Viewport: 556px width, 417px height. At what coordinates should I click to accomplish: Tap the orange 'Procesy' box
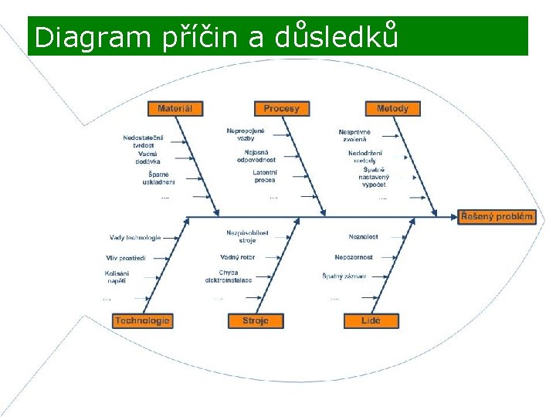coord(281,109)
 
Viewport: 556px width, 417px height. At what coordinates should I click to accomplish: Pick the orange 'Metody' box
coord(393,109)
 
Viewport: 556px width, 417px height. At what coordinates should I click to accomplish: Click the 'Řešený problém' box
coord(497,217)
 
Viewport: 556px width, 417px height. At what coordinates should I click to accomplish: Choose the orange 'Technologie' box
coord(142,320)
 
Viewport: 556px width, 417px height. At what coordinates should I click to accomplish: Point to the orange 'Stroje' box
coord(256,320)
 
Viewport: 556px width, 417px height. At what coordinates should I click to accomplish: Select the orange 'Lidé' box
coord(371,320)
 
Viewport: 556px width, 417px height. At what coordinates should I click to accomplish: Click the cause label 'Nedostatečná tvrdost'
coord(143,141)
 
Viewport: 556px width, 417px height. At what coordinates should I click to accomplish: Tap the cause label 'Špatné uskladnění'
coord(158,178)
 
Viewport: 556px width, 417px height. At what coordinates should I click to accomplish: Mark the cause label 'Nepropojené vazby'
coord(246,134)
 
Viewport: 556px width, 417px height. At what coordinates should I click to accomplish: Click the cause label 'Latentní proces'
coord(264,176)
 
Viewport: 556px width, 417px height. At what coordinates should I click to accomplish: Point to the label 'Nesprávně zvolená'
coord(355,136)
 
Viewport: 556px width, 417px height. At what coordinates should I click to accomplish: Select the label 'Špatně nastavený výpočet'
coord(374,178)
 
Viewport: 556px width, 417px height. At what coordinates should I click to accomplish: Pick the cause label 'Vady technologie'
coord(135,238)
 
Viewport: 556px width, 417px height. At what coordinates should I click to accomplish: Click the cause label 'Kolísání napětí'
coord(117,277)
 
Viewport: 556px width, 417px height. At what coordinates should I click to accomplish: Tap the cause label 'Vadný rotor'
coord(237,257)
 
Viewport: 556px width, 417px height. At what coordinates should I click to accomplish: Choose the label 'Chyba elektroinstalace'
coord(229,276)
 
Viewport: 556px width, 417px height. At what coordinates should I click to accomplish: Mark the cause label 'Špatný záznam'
coord(344,276)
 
